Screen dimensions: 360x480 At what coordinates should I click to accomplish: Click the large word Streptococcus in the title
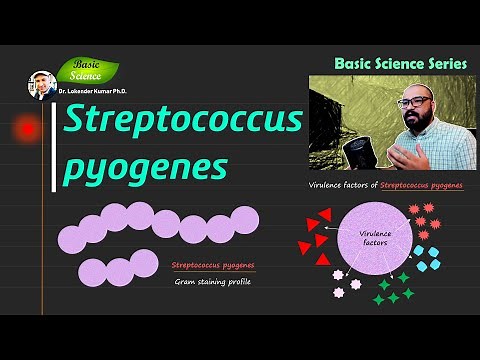point(183,121)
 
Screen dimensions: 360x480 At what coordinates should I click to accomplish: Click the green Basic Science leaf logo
point(87,71)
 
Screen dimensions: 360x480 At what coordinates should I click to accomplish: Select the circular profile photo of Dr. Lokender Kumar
point(41,85)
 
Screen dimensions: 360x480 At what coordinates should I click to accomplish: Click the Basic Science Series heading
point(400,63)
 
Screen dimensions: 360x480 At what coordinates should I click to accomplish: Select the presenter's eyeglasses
point(412,101)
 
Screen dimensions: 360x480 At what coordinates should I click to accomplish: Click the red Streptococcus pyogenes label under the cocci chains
point(213,265)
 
